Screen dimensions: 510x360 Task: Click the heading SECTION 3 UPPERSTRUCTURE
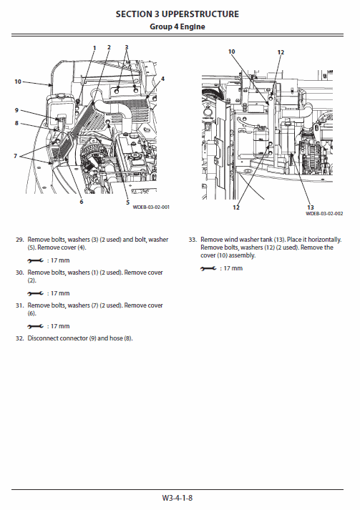coord(177,14)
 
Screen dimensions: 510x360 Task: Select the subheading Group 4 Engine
coord(177,26)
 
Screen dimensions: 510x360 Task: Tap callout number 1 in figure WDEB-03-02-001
coord(94,47)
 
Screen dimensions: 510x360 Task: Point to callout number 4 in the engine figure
coord(162,79)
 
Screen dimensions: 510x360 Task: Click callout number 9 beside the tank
coord(16,110)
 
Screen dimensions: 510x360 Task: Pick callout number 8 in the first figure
coord(16,123)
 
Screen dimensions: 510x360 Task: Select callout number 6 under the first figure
coord(81,202)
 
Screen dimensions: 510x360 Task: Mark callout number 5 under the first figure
coord(127,202)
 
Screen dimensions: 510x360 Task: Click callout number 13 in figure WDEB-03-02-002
coord(311,207)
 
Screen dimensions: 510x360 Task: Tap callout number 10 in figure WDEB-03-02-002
coord(231,52)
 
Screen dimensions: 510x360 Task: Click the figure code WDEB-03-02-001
coord(151,207)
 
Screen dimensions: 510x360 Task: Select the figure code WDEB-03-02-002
coord(324,213)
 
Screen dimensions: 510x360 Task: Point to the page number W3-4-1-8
coord(177,497)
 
